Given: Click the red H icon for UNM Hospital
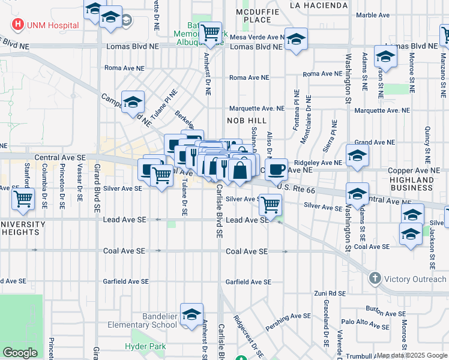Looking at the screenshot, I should [18, 25].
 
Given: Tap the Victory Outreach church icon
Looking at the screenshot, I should [375, 278].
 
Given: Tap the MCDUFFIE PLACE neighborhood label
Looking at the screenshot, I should [253, 16].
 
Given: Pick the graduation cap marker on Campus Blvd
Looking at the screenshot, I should [133, 101].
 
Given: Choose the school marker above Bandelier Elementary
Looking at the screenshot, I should [191, 314].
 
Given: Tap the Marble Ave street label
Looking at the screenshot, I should [373, 16].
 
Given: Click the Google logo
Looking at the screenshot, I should [20, 353].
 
